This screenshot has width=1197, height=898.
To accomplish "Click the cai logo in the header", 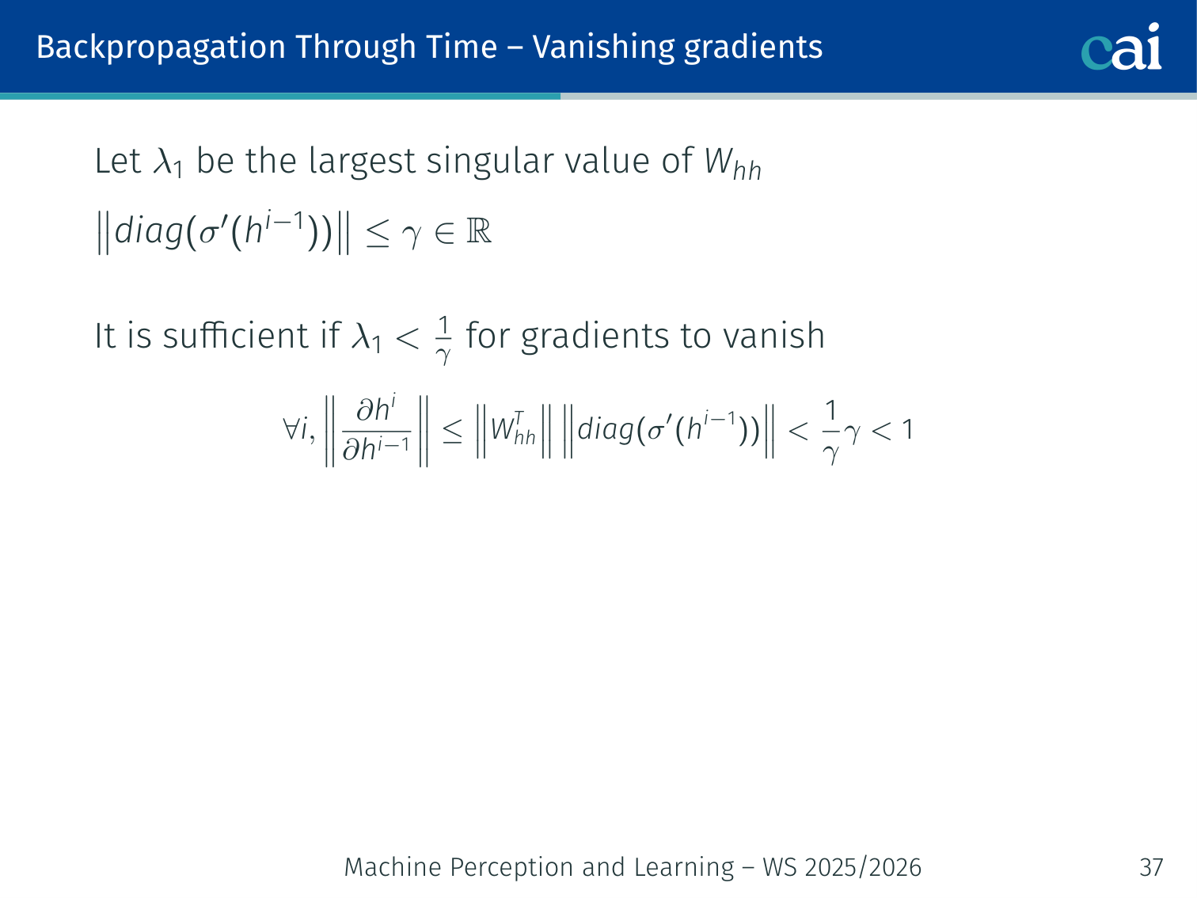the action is (x=1121, y=47).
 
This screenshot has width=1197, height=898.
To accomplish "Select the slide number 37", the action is (x=1151, y=867).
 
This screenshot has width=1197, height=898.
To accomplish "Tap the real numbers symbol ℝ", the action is (x=479, y=231).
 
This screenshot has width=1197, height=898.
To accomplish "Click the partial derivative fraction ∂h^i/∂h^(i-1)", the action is (x=376, y=430).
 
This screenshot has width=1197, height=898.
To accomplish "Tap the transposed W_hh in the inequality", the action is (x=513, y=429).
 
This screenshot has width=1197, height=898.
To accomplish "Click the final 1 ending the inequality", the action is (x=907, y=429).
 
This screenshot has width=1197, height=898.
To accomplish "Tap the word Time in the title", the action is (x=462, y=47).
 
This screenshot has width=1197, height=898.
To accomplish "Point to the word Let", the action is (x=118, y=162).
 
